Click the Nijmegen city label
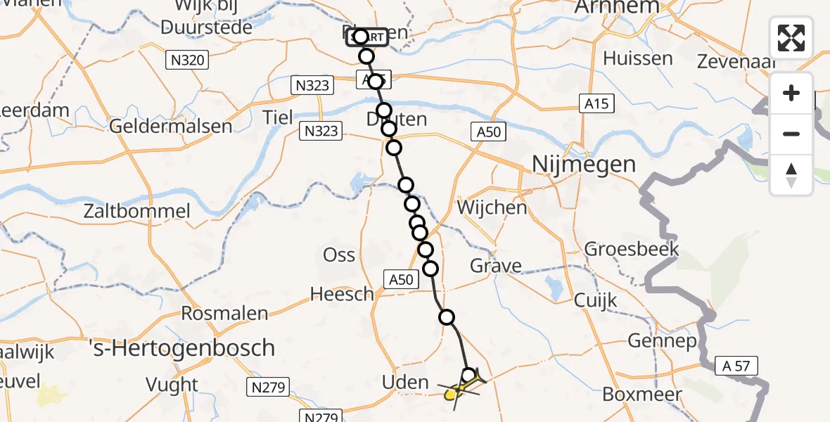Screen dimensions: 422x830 (x=584, y=165)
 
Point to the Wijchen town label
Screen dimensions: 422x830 (x=492, y=208)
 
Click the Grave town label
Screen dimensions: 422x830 (x=497, y=266)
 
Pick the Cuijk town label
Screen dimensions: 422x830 (x=595, y=300)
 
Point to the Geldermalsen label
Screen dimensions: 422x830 (x=171, y=127)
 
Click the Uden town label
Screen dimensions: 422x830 (x=404, y=383)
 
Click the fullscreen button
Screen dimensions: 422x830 (x=791, y=38)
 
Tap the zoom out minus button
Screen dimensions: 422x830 (x=791, y=134)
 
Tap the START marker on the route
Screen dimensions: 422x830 (x=366, y=37)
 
